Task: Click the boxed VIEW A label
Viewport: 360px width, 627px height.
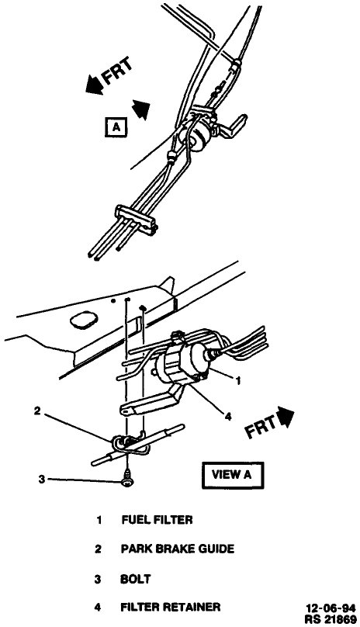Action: click(232, 473)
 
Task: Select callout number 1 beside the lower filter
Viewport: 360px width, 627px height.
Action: click(240, 379)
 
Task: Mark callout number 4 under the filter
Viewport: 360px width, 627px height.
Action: click(228, 417)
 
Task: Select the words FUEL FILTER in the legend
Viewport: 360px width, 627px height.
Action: click(156, 519)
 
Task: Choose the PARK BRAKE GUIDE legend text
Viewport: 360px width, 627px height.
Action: click(177, 549)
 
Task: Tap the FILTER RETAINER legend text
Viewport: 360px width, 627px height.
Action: click(171, 607)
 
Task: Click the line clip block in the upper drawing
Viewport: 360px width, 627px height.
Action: click(135, 218)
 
